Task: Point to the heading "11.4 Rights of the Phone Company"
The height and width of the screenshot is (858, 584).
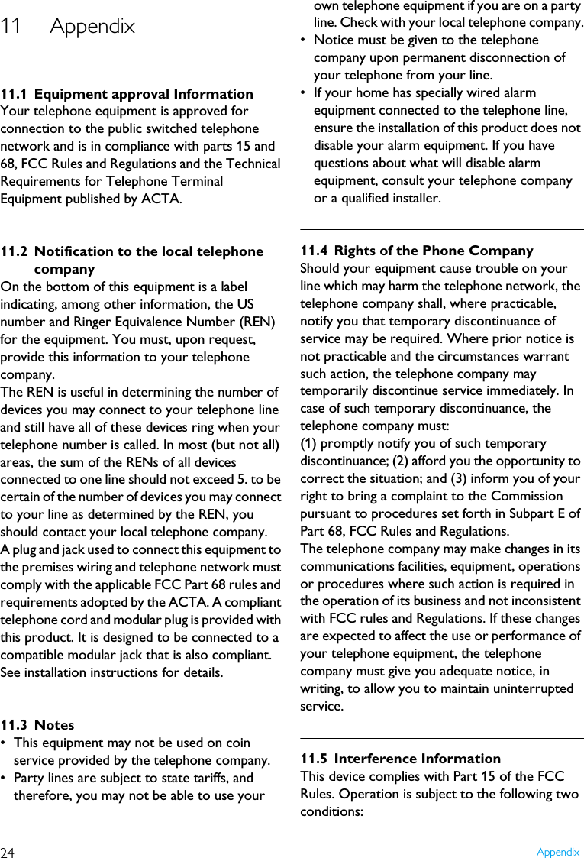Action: (x=417, y=251)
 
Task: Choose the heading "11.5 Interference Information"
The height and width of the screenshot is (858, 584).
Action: (x=401, y=759)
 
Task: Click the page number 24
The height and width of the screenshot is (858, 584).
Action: (x=8, y=852)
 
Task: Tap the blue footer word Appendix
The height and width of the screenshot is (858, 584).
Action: (x=557, y=852)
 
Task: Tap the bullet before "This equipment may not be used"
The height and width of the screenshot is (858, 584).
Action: (x=5, y=743)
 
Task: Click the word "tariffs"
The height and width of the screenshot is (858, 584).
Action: (x=204, y=779)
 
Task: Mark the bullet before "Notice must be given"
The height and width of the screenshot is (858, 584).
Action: (x=305, y=40)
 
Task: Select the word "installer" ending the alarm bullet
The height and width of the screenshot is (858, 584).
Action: (x=413, y=199)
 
